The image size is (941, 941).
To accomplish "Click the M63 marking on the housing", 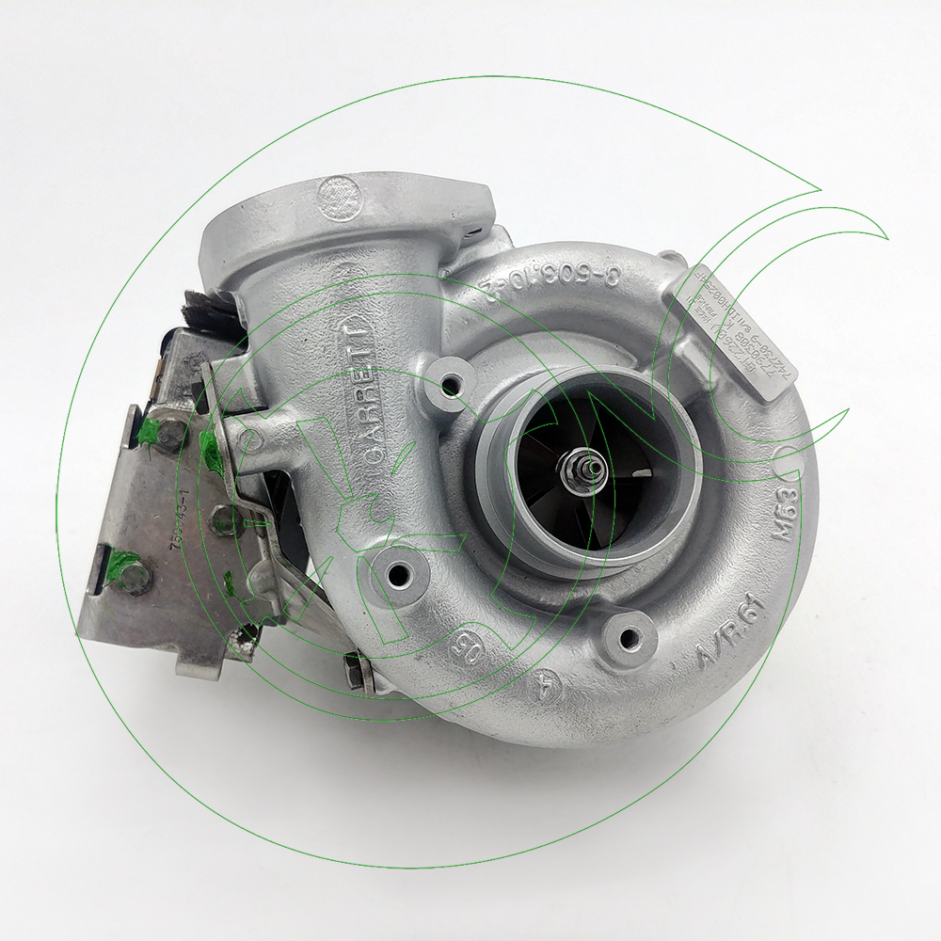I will pyautogui.click(x=786, y=514).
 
